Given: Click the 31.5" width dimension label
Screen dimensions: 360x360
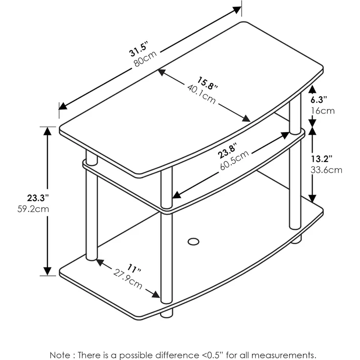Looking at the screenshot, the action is [139, 49].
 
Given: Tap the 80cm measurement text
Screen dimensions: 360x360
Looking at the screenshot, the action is [145, 59].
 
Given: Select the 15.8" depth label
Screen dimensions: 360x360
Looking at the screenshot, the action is [207, 83].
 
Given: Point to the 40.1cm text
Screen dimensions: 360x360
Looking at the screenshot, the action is [202, 94].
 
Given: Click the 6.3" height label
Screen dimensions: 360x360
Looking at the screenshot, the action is [319, 100].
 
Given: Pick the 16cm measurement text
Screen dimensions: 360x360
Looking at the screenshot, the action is [322, 111].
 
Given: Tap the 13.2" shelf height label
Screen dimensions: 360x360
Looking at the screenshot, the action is [321, 158].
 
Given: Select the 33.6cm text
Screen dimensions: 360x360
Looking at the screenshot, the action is [326, 170].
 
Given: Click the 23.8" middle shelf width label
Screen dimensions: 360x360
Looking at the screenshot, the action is [227, 150].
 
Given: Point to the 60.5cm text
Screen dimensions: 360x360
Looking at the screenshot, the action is [234, 160].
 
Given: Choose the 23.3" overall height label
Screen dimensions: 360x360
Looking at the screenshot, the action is [38, 198].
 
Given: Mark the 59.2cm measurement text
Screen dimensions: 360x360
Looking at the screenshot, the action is [33, 209].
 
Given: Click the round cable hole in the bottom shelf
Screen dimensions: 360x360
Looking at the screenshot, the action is [193, 242].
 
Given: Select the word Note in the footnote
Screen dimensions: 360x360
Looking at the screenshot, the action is [59, 355].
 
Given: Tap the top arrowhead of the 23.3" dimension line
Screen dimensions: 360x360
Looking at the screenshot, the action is [47, 131].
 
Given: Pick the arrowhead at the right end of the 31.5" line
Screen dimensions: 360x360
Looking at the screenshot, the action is [237, 10].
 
